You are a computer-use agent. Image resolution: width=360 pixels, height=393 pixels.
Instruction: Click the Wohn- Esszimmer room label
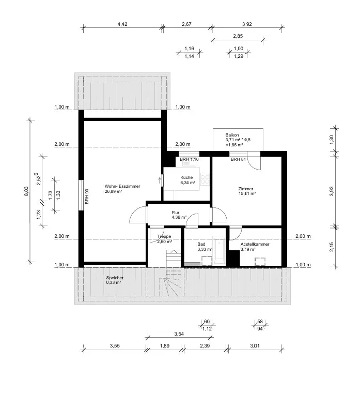click(x=122, y=189)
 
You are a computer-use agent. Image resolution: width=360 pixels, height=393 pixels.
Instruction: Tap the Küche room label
click(x=187, y=179)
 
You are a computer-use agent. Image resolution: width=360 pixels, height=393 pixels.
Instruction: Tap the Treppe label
click(x=164, y=239)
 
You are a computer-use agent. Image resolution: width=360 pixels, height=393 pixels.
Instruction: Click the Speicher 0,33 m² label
click(x=115, y=280)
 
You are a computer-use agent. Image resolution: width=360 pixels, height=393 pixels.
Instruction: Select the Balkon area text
click(x=238, y=140)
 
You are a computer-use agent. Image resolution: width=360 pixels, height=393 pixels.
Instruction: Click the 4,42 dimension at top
click(x=122, y=24)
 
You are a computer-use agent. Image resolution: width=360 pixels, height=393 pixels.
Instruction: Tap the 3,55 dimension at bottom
click(x=114, y=345)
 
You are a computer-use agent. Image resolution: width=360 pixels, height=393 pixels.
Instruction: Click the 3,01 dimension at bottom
click(x=255, y=345)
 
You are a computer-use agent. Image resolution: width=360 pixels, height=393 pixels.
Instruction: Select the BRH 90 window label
click(x=87, y=195)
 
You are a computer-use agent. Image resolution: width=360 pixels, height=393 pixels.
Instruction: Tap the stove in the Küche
click(x=205, y=179)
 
